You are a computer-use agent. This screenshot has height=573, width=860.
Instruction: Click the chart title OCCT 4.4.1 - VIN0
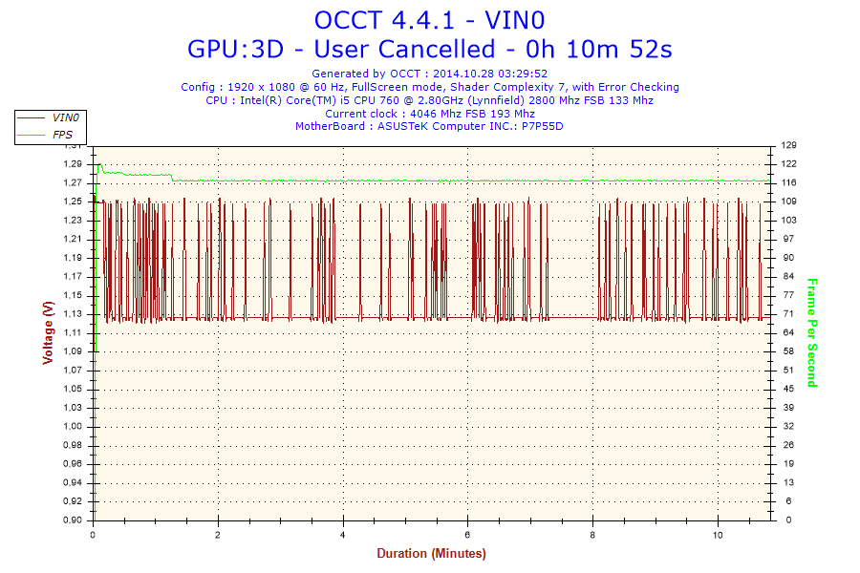click(430, 20)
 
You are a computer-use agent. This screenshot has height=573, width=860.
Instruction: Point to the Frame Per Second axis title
click(812, 332)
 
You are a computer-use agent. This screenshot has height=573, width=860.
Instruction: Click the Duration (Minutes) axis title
click(431, 554)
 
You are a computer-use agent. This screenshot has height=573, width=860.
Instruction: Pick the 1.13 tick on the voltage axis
click(74, 314)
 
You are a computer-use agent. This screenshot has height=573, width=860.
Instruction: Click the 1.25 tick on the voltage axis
click(74, 202)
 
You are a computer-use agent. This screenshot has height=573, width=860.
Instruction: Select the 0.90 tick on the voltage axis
click(74, 520)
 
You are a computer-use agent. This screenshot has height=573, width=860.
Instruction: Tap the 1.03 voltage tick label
click(74, 408)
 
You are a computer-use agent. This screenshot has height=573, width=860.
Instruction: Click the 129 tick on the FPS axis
click(788, 145)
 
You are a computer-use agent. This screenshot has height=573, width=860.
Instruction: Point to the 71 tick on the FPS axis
click(788, 314)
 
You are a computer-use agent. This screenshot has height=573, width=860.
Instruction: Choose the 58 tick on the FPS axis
click(788, 351)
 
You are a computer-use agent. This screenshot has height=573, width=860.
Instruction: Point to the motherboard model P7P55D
click(543, 126)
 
